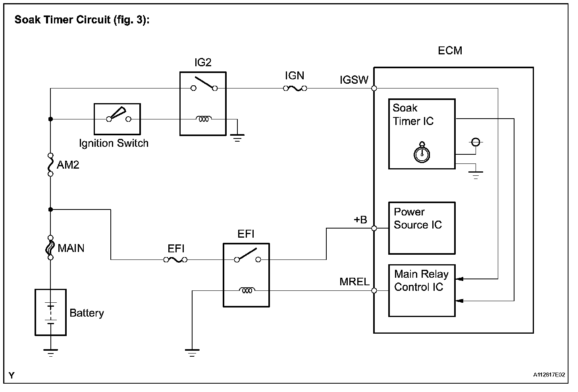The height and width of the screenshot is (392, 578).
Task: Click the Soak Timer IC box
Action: (422, 134)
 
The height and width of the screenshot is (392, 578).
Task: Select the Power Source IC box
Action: (422, 228)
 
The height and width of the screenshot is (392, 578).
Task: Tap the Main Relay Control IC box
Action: (422, 290)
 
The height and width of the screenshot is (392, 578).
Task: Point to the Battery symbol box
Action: (50, 312)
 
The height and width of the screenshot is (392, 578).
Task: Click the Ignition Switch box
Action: (117, 119)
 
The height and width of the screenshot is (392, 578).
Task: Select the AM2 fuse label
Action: (68, 165)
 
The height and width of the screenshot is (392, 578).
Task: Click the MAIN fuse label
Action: (71, 248)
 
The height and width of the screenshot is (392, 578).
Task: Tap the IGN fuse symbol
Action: (295, 88)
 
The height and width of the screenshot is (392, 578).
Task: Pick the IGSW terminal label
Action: (354, 80)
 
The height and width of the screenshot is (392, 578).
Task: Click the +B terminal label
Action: (360, 219)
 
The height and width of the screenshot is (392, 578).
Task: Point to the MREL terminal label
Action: (355, 282)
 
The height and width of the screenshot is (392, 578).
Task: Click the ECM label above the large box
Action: (450, 51)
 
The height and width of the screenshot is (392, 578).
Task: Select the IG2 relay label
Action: (202, 63)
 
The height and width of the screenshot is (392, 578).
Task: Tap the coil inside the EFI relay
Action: (247, 291)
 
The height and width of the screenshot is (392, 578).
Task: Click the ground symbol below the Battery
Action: (50, 352)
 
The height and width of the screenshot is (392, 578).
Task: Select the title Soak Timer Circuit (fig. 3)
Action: (82, 20)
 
